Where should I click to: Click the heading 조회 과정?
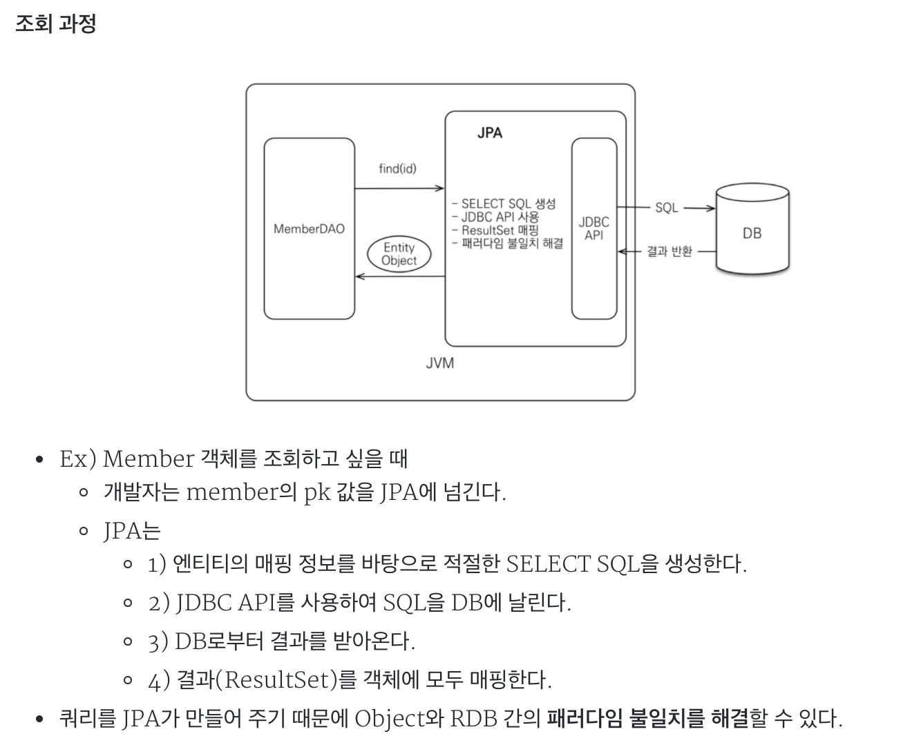pos(55,23)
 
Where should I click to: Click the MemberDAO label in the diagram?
pos(309,229)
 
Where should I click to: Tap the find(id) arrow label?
pos(397,168)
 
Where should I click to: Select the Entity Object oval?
pos(399,254)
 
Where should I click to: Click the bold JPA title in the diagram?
pos(489,133)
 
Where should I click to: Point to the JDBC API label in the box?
pos(593,229)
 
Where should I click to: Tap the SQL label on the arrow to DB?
pos(666,208)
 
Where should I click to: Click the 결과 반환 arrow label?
pos(669,252)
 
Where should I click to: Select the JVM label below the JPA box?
pos(440,362)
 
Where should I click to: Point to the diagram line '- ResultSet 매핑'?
pos(495,231)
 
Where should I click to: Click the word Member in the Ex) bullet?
pos(148,458)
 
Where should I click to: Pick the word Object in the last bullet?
pos(388,719)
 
